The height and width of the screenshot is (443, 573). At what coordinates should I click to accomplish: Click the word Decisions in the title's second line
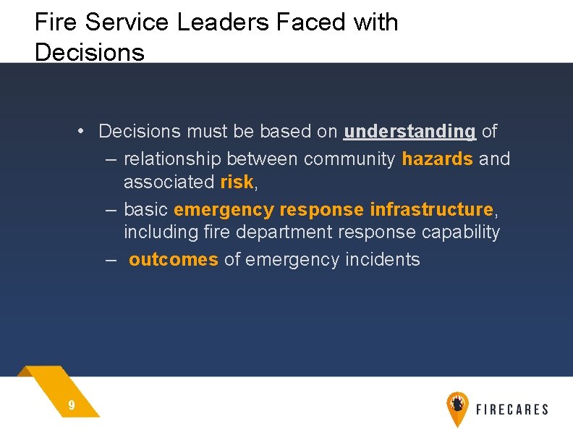(89, 53)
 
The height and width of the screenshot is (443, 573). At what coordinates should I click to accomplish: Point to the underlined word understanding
(409, 132)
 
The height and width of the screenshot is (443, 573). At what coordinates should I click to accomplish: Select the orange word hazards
(437, 159)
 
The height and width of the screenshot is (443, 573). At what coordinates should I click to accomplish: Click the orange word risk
(237, 182)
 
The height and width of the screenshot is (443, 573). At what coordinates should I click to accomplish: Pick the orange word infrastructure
(431, 210)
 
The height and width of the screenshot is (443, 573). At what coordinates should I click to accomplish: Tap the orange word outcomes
(173, 260)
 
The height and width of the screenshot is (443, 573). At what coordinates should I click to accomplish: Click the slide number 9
(71, 406)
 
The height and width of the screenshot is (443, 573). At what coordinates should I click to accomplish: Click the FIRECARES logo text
(512, 410)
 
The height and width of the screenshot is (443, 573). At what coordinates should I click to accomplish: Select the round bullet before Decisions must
(83, 131)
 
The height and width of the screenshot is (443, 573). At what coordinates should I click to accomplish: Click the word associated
(169, 182)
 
